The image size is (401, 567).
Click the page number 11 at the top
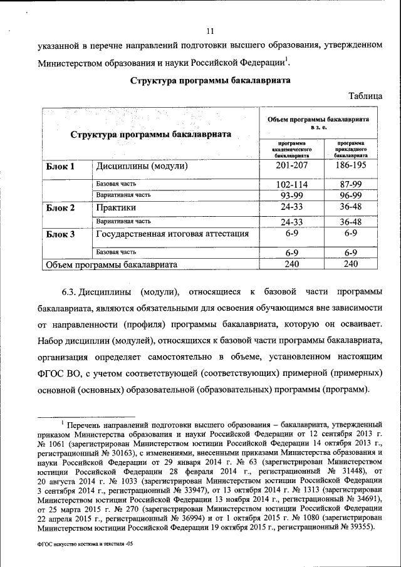[x=211, y=31]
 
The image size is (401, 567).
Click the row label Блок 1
[x=61, y=167]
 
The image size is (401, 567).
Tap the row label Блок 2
[x=61, y=207]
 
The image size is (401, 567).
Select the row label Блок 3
[x=61, y=234]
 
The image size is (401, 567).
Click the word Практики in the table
[x=116, y=207]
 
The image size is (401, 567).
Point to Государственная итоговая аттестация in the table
[x=172, y=234]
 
